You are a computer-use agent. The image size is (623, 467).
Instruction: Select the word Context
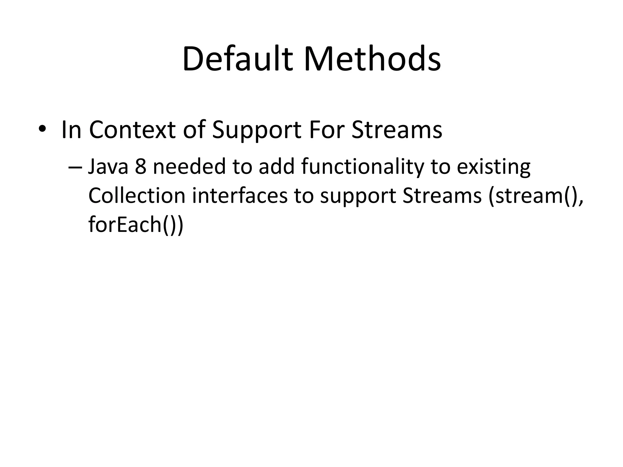(x=132, y=130)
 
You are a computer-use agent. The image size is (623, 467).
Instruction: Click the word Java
(x=108, y=167)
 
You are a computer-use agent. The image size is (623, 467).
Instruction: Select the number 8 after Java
(x=141, y=167)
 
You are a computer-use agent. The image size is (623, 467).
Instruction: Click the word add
(x=277, y=167)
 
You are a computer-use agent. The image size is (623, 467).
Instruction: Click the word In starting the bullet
(x=71, y=130)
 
